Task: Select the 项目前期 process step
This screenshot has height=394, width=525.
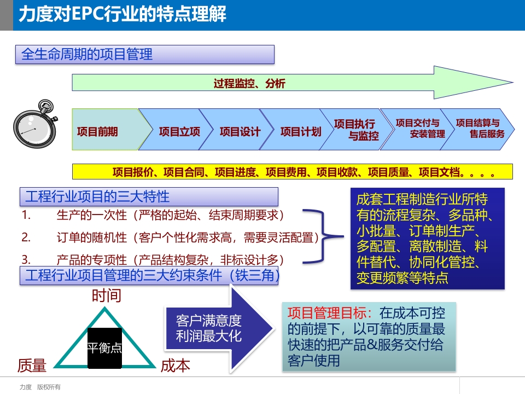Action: tap(98, 132)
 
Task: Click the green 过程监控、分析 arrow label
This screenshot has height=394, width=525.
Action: tap(249, 84)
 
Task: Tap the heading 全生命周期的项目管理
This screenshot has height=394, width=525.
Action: tap(87, 54)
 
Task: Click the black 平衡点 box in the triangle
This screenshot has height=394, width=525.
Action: tap(105, 348)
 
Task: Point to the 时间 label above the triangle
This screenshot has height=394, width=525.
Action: tap(107, 296)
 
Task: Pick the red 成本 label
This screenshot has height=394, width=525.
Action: tap(176, 366)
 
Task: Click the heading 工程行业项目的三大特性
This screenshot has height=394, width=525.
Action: tap(97, 196)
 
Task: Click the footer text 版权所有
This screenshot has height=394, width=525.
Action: tap(49, 387)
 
